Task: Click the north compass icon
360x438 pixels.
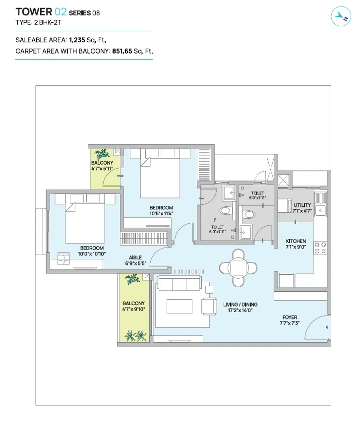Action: tap(341, 17)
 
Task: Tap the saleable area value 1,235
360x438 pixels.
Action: tap(77, 40)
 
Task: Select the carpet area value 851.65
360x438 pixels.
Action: tap(122, 51)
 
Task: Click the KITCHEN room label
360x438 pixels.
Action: tap(296, 241)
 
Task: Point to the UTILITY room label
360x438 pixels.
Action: tap(302, 205)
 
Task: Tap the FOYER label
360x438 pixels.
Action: tap(290, 317)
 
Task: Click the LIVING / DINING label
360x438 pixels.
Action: tap(240, 305)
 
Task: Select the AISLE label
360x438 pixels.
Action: tap(135, 257)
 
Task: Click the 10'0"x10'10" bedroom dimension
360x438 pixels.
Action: tap(92, 254)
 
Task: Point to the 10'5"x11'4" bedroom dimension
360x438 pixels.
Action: tap(162, 213)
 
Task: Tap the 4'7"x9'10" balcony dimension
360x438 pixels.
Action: tap(134, 309)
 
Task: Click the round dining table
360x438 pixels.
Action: tap(238, 267)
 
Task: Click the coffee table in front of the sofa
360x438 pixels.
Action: tap(180, 307)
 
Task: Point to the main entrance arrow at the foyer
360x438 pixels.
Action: tap(326, 327)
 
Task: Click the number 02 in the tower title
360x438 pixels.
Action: tap(60, 12)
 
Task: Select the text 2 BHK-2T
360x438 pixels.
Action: tap(48, 23)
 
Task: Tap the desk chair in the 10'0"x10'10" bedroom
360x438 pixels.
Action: tap(63, 258)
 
